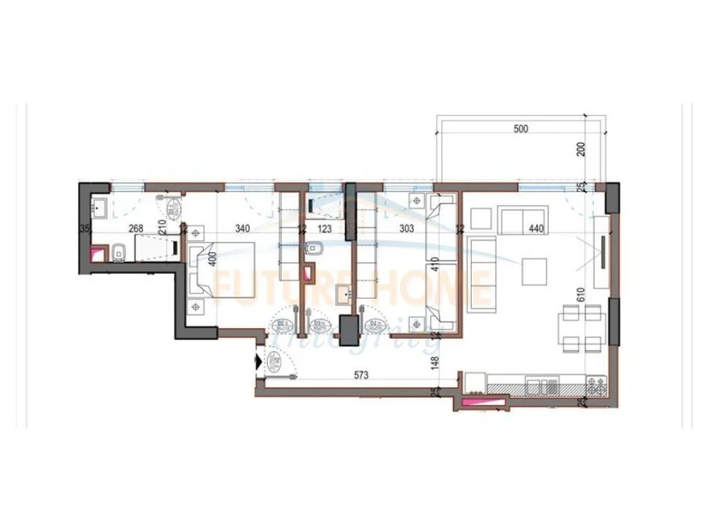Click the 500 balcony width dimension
(x=521, y=129)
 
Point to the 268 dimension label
(x=136, y=229)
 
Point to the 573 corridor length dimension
(x=362, y=375)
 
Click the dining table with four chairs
(x=581, y=328)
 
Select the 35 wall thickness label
(x=84, y=229)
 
